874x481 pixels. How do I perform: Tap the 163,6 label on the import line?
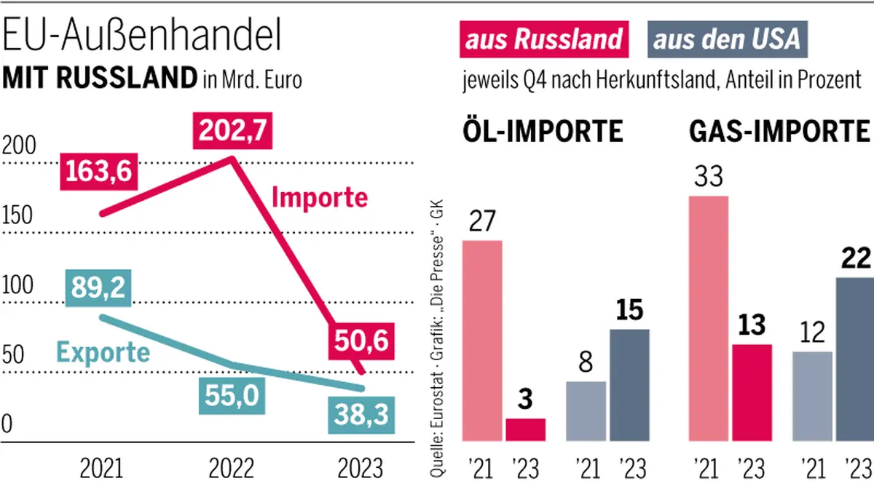(x=97, y=171)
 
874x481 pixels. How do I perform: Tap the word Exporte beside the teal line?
(x=103, y=353)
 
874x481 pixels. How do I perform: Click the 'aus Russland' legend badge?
(x=544, y=39)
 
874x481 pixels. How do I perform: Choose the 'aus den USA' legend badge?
(x=727, y=39)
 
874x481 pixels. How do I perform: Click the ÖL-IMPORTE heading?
(x=543, y=132)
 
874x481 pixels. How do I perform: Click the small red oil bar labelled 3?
(x=525, y=429)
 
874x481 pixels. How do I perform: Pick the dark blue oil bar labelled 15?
(x=629, y=385)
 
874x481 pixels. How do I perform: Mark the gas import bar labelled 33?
(x=708, y=318)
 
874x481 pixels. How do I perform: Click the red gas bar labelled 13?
(x=750, y=392)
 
